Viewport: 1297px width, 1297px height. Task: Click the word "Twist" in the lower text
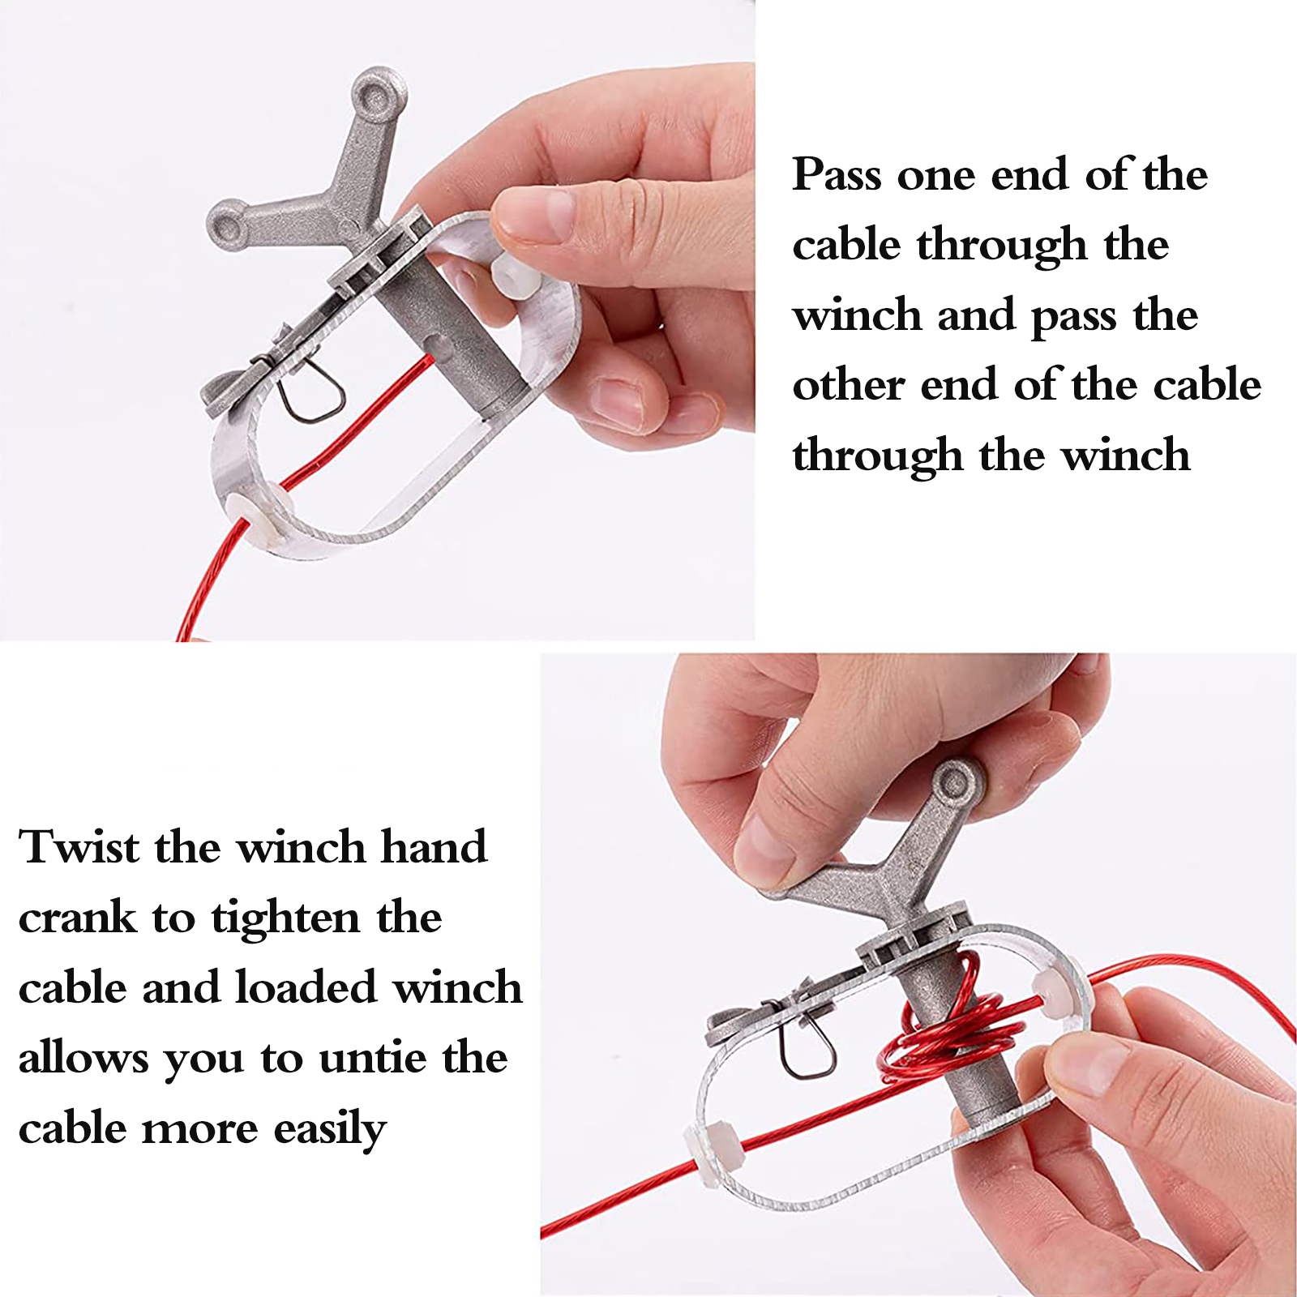pos(79,847)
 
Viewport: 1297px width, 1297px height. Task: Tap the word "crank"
pos(78,918)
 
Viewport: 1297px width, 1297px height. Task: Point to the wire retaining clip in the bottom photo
pos(806,1045)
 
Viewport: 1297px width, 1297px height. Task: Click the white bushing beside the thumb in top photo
pos(512,278)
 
